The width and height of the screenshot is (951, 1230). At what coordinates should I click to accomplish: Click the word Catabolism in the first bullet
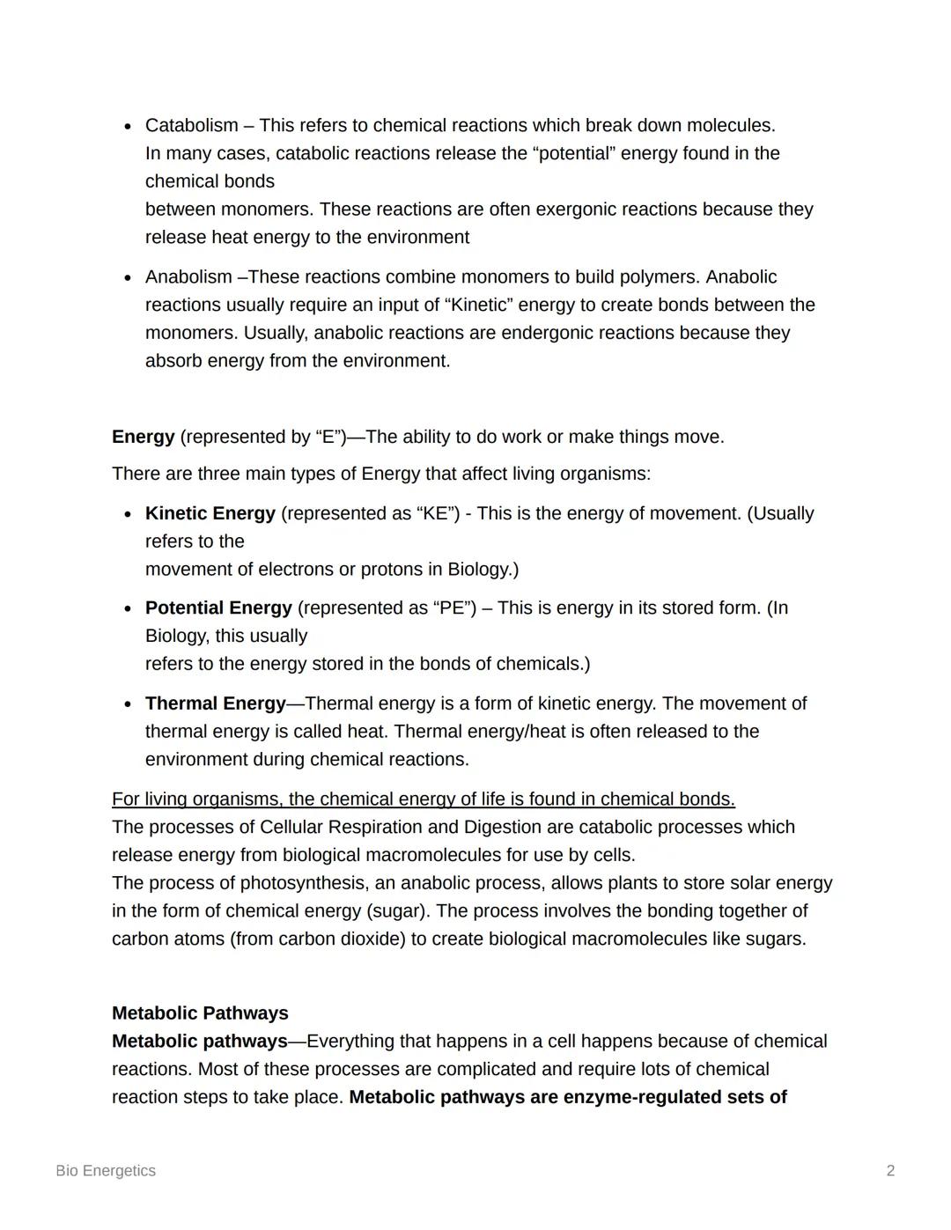coord(191,125)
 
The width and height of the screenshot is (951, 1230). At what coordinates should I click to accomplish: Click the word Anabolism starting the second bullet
coord(188,276)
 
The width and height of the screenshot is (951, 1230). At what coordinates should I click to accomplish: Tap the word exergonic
coord(581,210)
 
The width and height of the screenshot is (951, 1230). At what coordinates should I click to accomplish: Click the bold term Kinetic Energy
coord(210,513)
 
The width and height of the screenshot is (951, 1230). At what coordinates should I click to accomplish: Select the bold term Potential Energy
coord(217,608)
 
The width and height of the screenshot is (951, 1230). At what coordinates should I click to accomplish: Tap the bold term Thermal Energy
coord(215,703)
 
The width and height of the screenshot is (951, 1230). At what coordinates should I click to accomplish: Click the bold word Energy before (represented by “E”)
coord(143,437)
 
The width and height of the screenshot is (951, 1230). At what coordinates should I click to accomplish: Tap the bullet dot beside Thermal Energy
coord(128,704)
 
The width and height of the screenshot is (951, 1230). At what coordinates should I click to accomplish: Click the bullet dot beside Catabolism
coord(128,126)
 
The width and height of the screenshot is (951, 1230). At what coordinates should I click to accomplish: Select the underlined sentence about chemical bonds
coord(423,799)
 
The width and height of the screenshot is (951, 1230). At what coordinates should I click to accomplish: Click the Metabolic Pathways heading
coord(200,1013)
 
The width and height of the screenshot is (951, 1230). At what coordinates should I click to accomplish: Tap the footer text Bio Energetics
coord(106,1170)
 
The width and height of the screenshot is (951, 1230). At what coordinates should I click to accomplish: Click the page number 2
coord(890,1170)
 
